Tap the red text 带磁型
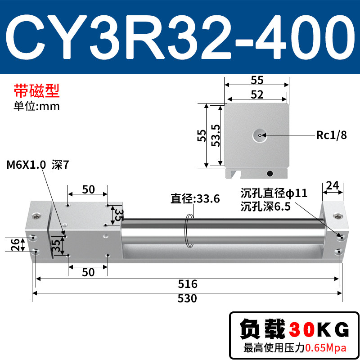(37, 91)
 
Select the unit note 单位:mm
(37, 106)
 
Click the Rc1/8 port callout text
(331, 135)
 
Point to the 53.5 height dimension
(216, 135)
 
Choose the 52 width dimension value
(257, 94)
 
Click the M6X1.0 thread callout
(26, 165)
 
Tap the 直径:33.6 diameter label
(195, 198)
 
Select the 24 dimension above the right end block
(333, 185)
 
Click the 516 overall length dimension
(188, 284)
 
